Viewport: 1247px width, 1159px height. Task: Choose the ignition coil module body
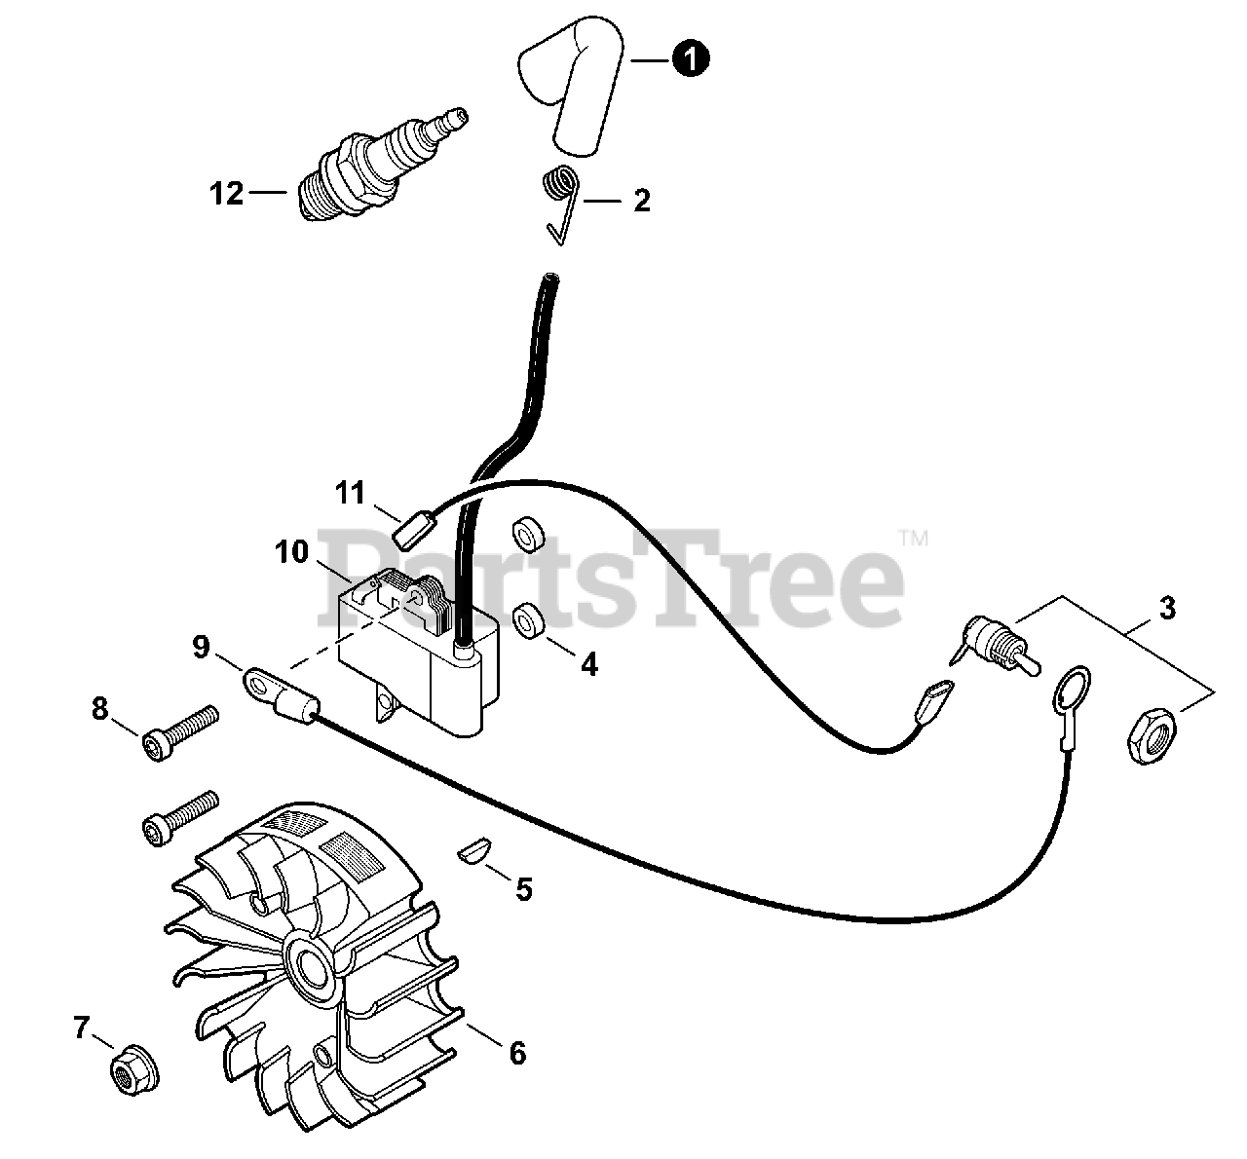click(x=409, y=653)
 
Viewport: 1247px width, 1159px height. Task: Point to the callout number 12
click(x=226, y=194)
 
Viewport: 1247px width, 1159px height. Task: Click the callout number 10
click(x=290, y=552)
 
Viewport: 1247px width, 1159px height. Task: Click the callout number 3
click(x=1167, y=610)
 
